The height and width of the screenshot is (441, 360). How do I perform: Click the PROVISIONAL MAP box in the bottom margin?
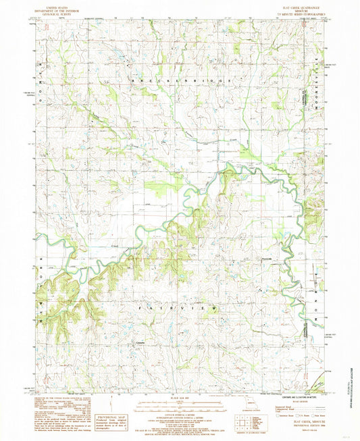click(x=111, y=419)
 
